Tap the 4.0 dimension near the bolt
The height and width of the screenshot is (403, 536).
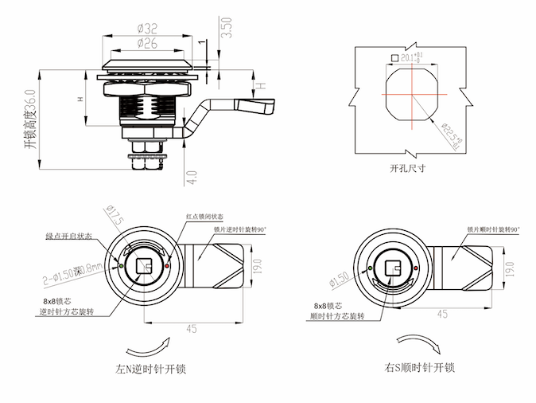[192, 176]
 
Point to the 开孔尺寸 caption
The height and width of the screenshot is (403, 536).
[407, 169]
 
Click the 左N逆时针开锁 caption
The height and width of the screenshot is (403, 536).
[150, 370]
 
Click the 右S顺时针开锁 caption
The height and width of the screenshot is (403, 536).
[418, 368]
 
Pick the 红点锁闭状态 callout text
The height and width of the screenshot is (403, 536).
[205, 217]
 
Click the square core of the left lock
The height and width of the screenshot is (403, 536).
[143, 266]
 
